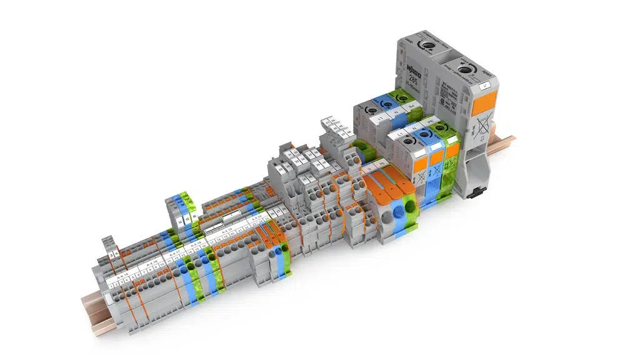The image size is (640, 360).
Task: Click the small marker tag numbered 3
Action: click(111, 255)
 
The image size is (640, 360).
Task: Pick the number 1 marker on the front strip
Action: click(111, 287)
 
